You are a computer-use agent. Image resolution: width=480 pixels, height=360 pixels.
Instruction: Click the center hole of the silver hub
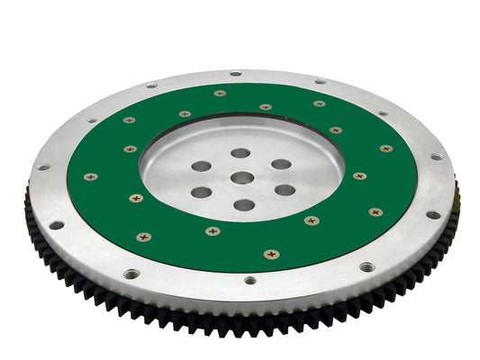(x=241, y=178)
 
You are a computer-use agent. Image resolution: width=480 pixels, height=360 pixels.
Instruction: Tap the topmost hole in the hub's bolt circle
(x=240, y=154)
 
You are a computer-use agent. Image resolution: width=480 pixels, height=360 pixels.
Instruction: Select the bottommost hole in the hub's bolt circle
(x=243, y=205)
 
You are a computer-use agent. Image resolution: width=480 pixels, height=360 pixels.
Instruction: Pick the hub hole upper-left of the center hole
(x=202, y=166)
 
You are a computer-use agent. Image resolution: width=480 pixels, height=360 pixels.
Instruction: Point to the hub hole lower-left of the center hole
(x=202, y=192)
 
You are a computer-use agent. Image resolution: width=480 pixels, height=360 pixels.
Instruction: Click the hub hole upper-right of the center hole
(x=281, y=165)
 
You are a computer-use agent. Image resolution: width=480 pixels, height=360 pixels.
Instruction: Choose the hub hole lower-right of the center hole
(x=285, y=190)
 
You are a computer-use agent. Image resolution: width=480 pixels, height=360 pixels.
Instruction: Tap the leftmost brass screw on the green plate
(x=90, y=176)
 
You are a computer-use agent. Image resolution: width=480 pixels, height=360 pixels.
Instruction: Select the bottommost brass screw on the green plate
(x=271, y=254)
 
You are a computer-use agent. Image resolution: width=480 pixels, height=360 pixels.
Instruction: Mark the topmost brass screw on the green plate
(x=220, y=93)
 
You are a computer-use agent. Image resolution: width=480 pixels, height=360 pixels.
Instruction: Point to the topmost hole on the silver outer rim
(x=235, y=74)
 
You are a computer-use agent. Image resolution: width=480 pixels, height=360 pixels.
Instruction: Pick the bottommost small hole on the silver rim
(x=249, y=280)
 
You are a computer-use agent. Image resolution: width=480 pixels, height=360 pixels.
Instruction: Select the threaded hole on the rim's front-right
(x=367, y=267)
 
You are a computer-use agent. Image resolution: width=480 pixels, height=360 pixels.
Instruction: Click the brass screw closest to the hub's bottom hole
(x=213, y=231)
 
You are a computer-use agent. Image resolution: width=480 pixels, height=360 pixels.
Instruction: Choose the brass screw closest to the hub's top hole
(x=265, y=107)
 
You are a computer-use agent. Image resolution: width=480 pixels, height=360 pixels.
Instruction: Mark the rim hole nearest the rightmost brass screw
(x=436, y=157)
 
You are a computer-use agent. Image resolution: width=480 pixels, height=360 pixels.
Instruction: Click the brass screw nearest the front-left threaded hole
(x=143, y=237)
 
